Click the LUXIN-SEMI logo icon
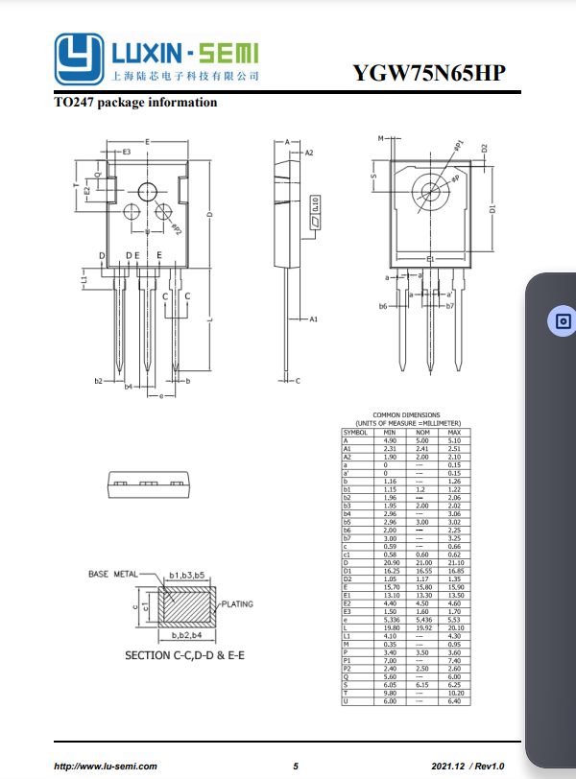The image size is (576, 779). pos(78,59)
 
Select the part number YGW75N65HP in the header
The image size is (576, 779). pos(427,75)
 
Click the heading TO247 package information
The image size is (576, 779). pos(135,103)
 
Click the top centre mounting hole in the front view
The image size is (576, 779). pos(147,191)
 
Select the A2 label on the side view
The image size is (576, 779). pos(308,153)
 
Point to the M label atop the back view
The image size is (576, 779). pos(381,139)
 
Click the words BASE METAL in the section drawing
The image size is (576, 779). pos(112,574)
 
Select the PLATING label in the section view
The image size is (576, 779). pos(237,604)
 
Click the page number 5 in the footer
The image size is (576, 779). pos(296,766)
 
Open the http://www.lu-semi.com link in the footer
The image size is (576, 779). pos(106,766)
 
